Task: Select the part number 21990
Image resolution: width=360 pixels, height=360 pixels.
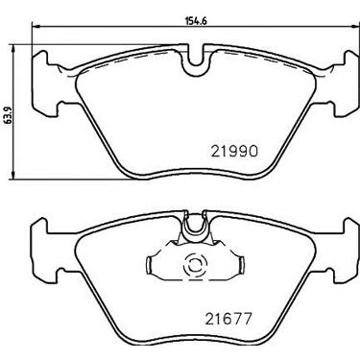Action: click(234, 151)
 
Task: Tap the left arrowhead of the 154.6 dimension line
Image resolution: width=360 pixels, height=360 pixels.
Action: click(36, 26)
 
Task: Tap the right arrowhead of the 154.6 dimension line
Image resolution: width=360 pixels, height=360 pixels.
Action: click(355, 26)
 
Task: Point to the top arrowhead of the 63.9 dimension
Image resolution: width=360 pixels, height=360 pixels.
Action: click(13, 48)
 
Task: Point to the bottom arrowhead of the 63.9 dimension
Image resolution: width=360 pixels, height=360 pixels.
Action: click(13, 176)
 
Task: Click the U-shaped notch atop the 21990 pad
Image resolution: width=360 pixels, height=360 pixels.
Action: click(195, 60)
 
